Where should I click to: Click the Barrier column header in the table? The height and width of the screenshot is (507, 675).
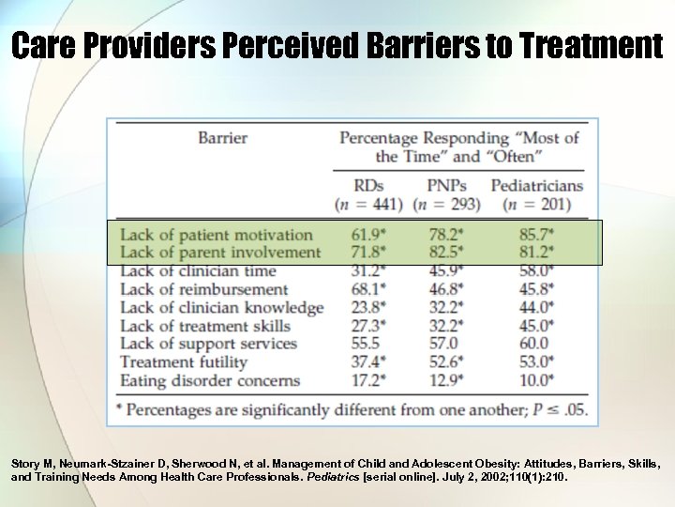tap(222, 138)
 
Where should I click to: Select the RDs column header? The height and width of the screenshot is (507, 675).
tap(369, 185)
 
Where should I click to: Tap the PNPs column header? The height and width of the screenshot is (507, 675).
tap(446, 185)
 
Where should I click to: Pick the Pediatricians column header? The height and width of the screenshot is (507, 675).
tap(537, 185)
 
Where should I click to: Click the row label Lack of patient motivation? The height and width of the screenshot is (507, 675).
tap(217, 235)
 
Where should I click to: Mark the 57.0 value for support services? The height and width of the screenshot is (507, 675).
tap(444, 344)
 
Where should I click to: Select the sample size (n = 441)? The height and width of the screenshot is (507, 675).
tap(369, 204)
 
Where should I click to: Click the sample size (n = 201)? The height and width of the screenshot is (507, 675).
tap(537, 204)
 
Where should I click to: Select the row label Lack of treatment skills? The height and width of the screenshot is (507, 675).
tap(206, 326)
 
